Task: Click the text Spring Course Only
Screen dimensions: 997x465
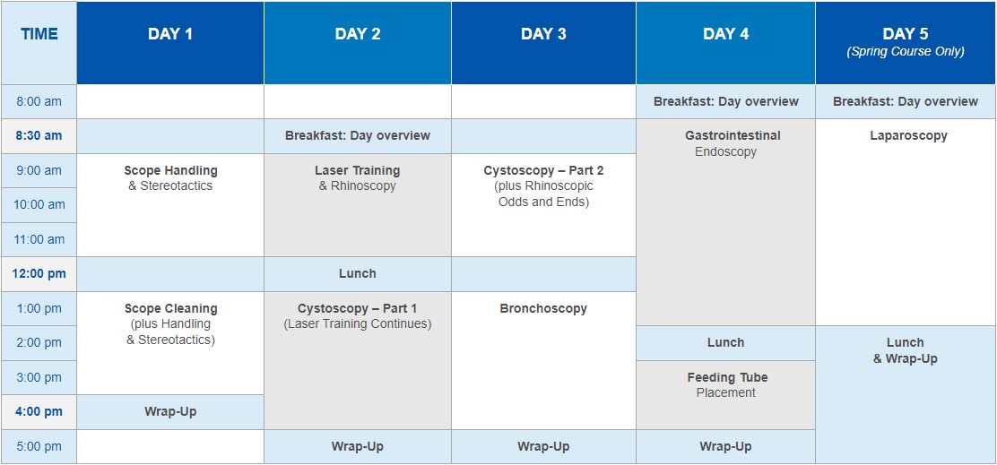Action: [906, 51]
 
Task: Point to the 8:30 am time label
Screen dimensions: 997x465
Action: [39, 136]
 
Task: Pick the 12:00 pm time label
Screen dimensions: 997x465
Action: [39, 274]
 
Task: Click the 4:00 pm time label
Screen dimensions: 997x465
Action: [39, 411]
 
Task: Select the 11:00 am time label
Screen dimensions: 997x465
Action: [39, 239]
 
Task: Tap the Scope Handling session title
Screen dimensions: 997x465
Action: [170, 170]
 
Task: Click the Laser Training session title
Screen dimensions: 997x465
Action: [358, 170]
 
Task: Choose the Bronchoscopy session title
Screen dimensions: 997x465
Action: [543, 309]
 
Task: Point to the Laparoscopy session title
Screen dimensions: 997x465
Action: [908, 135]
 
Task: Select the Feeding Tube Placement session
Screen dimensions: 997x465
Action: [726, 385]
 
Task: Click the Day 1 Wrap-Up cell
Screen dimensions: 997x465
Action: [170, 411]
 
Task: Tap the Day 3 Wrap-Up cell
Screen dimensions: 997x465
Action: [543, 446]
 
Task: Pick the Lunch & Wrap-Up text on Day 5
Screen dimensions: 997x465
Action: [906, 350]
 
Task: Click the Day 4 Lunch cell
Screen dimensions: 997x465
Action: [725, 342]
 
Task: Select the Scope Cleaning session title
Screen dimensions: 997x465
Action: [170, 309]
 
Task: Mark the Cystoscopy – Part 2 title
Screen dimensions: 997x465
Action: [543, 170]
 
